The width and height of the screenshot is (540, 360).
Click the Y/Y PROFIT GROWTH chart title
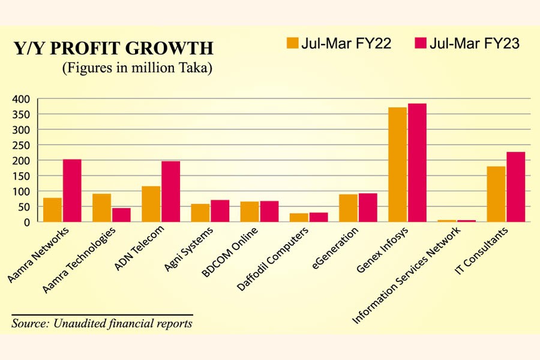coord(113,49)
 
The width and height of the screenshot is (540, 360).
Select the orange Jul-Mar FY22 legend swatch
coord(293,43)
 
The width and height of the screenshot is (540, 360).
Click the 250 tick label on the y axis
coord(23,145)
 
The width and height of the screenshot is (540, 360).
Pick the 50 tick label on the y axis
coord(25,207)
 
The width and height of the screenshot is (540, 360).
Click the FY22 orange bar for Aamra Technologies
coord(101,208)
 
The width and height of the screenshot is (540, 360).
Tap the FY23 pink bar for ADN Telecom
coord(170,191)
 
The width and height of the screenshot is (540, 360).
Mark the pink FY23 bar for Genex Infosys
coord(417,163)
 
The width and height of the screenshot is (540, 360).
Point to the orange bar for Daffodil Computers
coord(299,217)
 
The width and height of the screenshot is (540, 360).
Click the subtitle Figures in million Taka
coord(137,68)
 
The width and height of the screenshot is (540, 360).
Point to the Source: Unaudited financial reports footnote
coord(102,323)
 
